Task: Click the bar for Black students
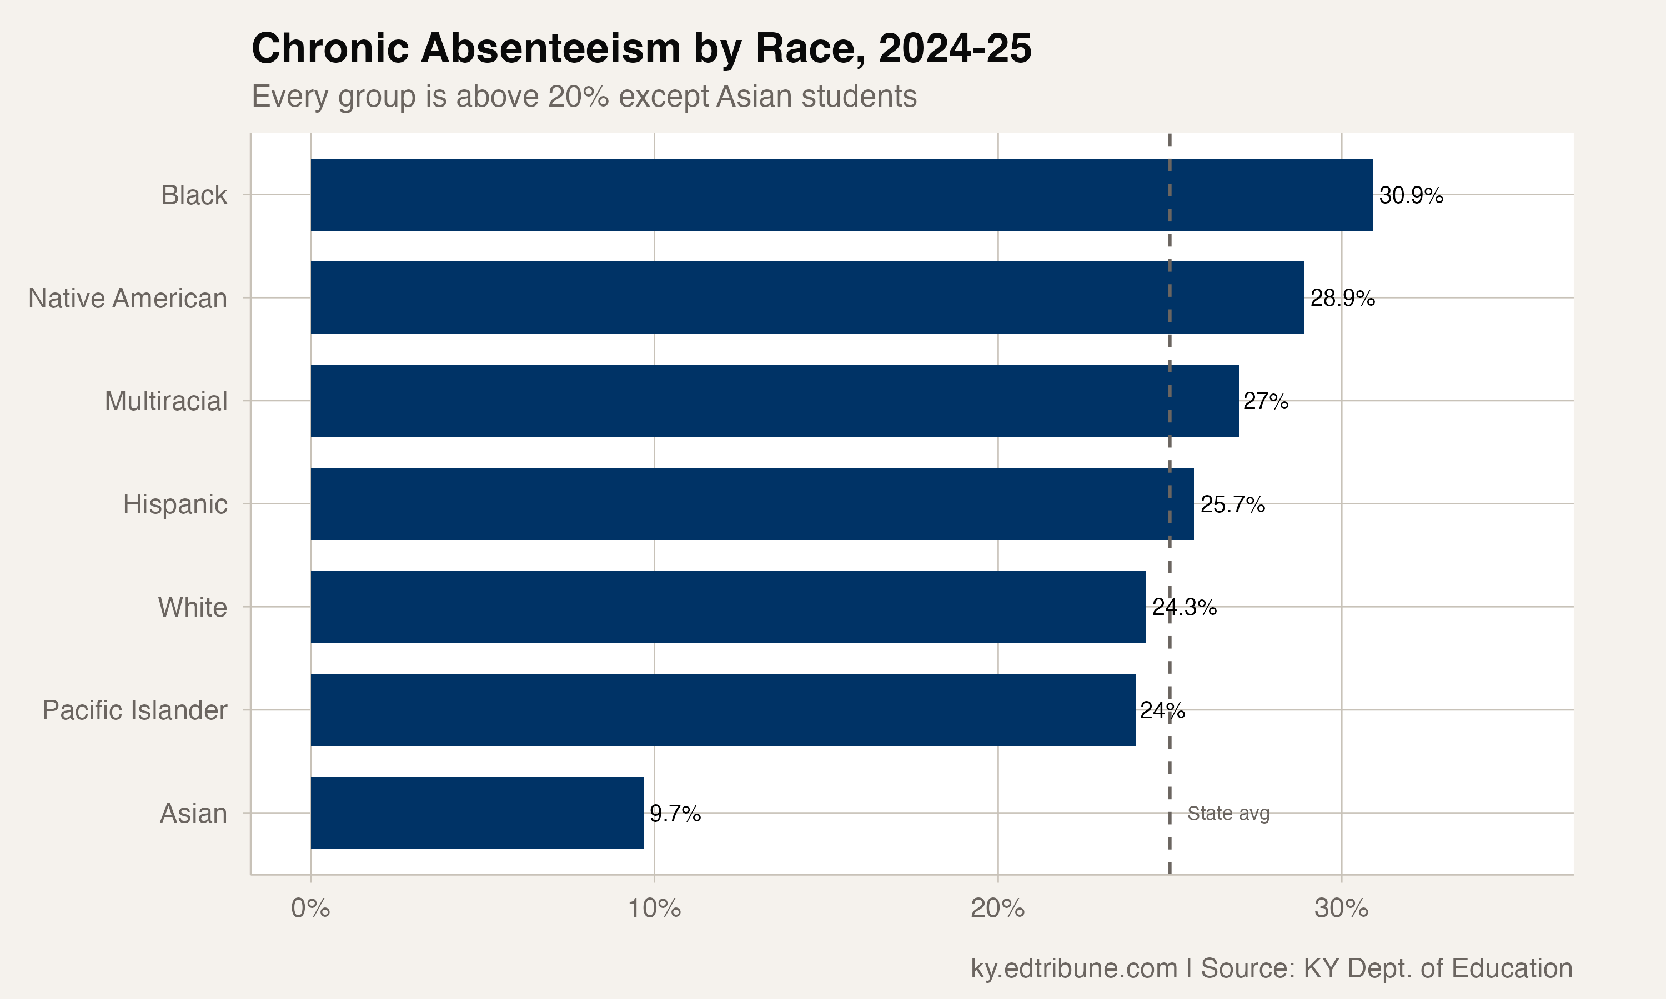click(x=841, y=195)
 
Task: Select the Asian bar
click(x=477, y=813)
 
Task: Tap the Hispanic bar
click(x=751, y=503)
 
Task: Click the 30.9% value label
click(x=1411, y=196)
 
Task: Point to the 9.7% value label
click(x=675, y=814)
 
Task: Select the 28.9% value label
click(x=1342, y=298)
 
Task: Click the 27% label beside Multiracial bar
click(x=1265, y=402)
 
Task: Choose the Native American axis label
click(x=127, y=298)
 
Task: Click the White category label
click(x=193, y=607)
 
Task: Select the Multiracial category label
click(x=165, y=401)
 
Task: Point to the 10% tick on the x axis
click(x=654, y=909)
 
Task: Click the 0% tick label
click(x=310, y=909)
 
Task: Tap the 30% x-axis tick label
click(x=1341, y=909)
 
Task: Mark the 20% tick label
click(x=997, y=909)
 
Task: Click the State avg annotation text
click(x=1228, y=813)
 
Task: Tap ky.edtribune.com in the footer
click(x=1073, y=968)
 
